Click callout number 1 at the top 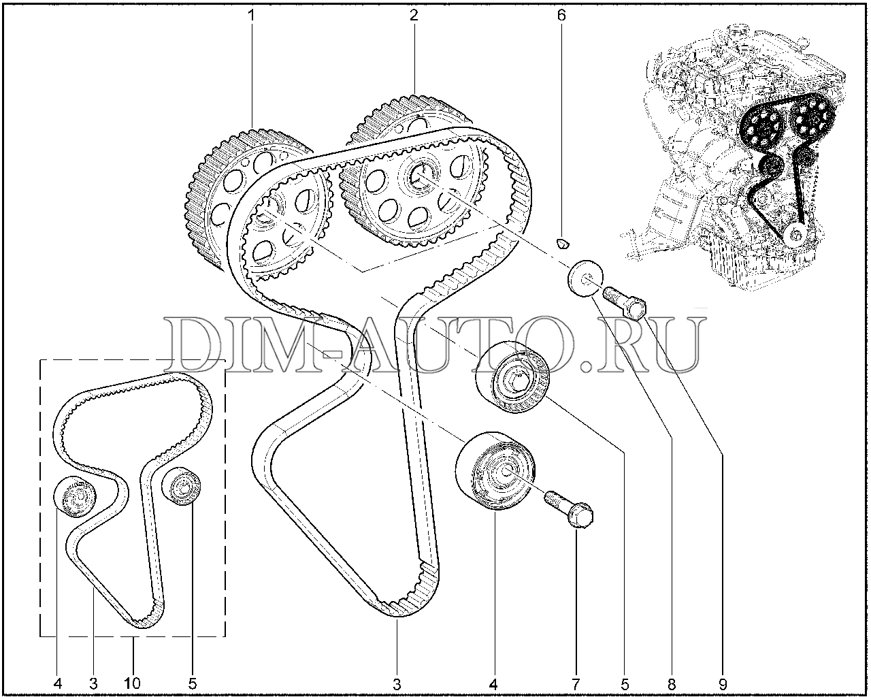[252, 16]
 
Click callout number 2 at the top [414, 16]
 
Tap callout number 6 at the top [561, 16]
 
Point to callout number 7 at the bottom [576, 684]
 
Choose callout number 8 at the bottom [672, 684]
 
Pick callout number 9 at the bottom [723, 684]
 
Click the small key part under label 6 [563, 243]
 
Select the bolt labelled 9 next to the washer [624, 302]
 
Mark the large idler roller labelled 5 [512, 376]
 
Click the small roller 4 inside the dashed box [76, 496]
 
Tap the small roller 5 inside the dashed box [181, 486]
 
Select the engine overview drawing [735, 158]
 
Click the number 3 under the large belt [397, 684]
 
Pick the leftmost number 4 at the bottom [57, 684]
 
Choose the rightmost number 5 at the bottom [625, 684]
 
